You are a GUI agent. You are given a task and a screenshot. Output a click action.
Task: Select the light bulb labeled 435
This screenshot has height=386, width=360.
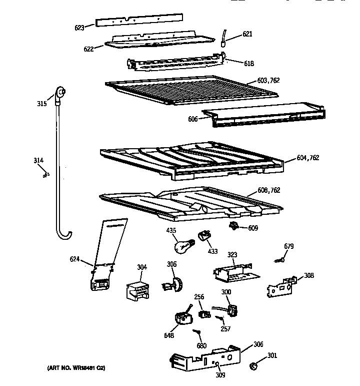pos(182,246)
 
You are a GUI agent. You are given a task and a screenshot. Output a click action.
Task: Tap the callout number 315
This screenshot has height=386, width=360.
pos(42,104)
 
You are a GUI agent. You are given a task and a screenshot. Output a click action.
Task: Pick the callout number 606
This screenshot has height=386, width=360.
pos(193,119)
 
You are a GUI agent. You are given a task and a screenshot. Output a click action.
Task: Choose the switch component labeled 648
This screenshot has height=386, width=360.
pos(182,317)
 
